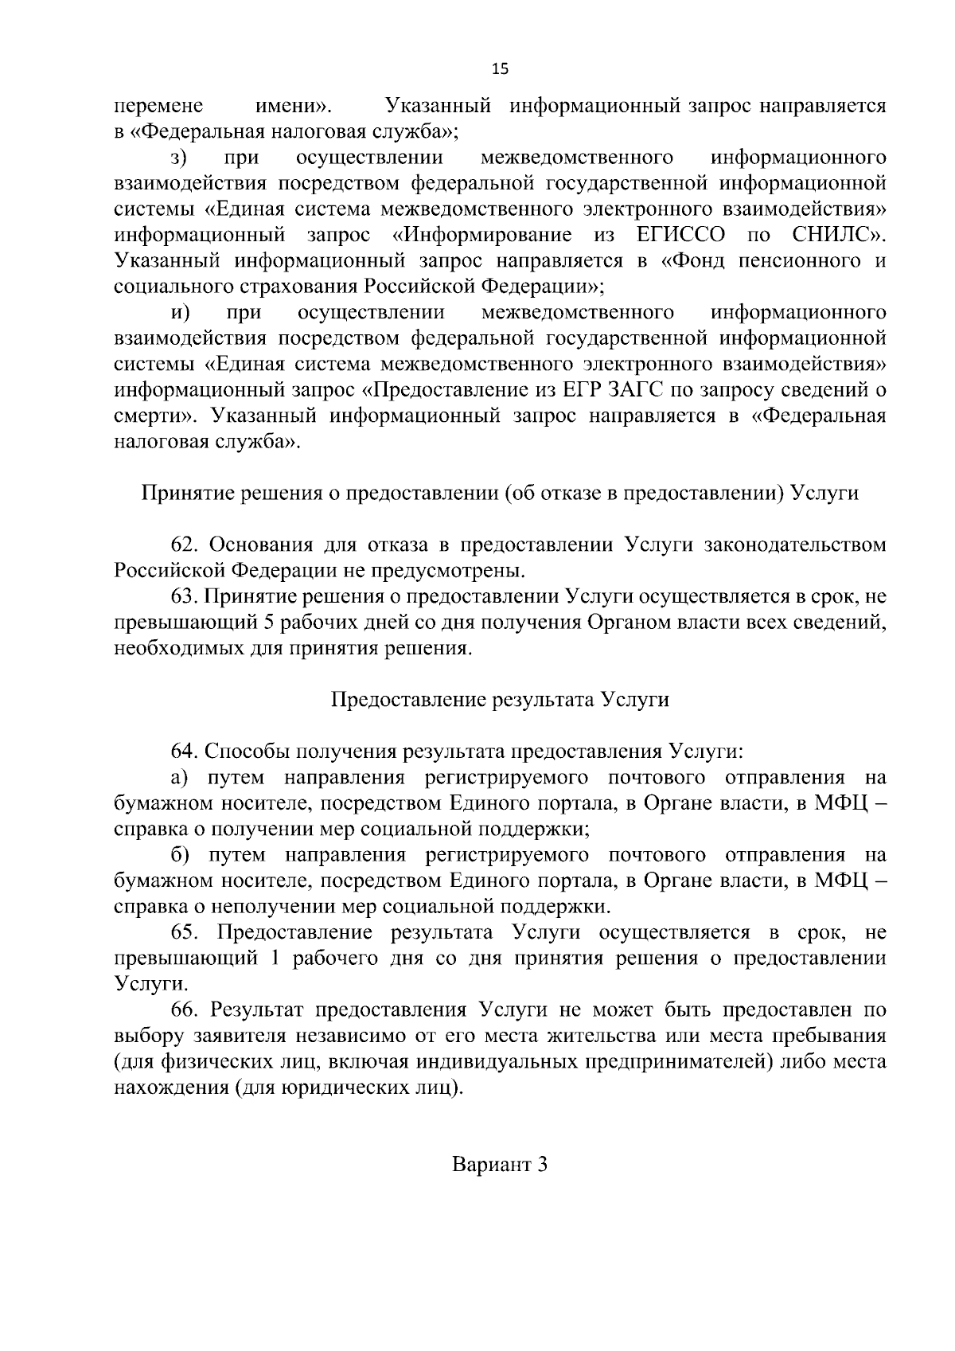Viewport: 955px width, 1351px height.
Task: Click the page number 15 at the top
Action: [501, 68]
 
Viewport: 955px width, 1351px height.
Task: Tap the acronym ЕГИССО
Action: [681, 235]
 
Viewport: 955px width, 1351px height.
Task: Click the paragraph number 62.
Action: [185, 545]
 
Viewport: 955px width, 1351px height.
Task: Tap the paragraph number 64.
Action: [185, 751]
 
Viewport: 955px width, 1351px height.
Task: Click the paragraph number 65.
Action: [185, 932]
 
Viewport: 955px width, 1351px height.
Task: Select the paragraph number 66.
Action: [185, 1010]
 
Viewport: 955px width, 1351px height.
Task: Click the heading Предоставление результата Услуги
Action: [501, 700]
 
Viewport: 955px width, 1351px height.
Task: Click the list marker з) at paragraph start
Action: [178, 158]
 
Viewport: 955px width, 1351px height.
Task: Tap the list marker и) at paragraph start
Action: [179, 312]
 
